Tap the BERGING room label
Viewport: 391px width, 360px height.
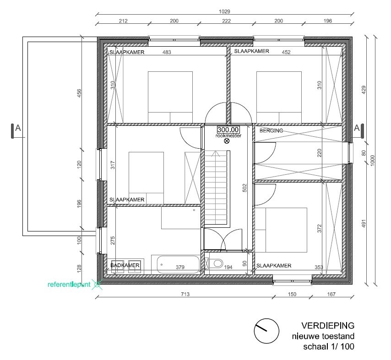point(272,131)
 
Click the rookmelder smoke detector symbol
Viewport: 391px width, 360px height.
point(227,141)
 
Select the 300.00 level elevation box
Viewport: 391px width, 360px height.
point(228,130)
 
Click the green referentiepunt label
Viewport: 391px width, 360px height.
point(70,285)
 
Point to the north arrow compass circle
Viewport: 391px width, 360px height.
point(266,331)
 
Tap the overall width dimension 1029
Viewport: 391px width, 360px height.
point(224,12)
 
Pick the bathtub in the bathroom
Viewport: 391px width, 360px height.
point(179,265)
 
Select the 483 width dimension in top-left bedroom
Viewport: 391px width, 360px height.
point(167,53)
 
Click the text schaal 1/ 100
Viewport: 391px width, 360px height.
point(328,347)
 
